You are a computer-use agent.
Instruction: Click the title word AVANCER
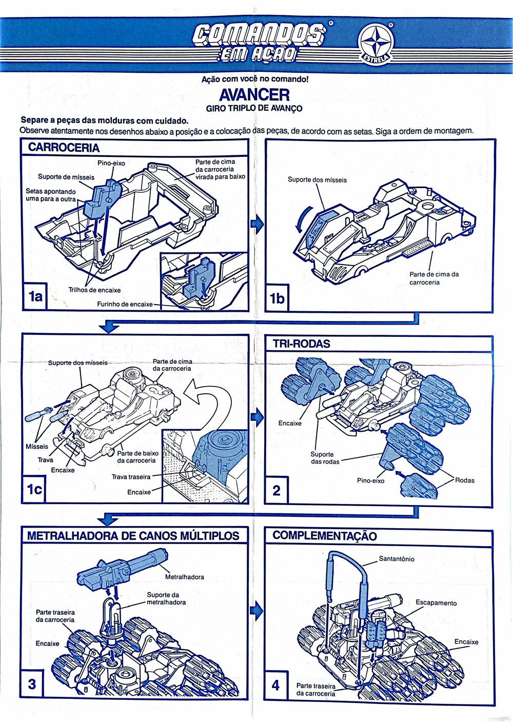click(x=254, y=95)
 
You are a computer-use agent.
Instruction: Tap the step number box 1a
click(x=35, y=296)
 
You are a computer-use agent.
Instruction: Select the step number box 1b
click(x=277, y=298)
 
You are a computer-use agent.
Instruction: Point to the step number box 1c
click(x=34, y=489)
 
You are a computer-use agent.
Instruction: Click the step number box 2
click(x=277, y=490)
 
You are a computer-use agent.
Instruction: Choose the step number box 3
click(x=32, y=684)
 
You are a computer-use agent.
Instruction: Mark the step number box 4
click(x=276, y=685)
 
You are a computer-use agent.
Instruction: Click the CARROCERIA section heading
click(x=64, y=148)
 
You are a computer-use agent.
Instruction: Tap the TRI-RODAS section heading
click(x=302, y=344)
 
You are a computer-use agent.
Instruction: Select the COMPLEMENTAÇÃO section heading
click(x=325, y=536)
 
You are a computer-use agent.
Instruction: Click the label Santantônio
click(x=397, y=559)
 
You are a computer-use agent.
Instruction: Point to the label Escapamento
click(x=436, y=603)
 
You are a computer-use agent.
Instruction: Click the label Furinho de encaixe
click(x=125, y=304)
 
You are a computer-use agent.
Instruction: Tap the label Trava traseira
click(x=131, y=477)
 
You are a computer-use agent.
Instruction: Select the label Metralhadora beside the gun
click(x=185, y=577)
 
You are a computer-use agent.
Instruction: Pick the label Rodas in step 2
click(x=465, y=480)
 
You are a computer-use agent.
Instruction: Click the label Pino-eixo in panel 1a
click(x=111, y=163)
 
